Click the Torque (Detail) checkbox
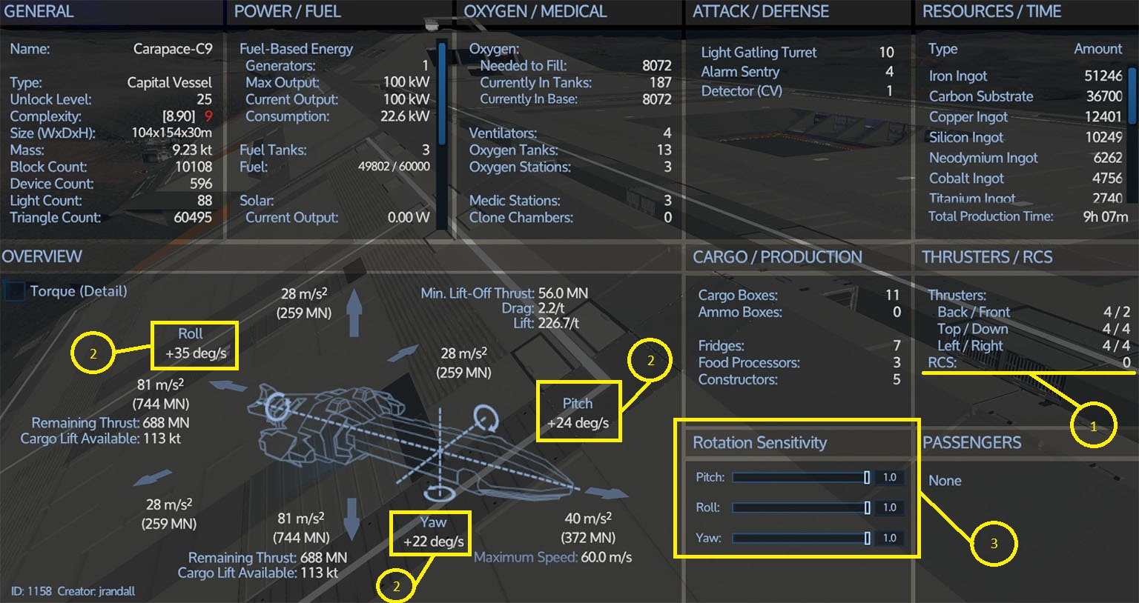pos(14,291)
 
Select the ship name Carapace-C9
pos(173,49)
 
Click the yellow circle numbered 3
pos(994,544)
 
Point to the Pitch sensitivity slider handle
pos(866,478)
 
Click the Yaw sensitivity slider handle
pos(867,538)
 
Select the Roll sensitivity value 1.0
pos(889,507)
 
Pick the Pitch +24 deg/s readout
pos(578,413)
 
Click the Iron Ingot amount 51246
pos(1103,76)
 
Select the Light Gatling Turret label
pos(759,53)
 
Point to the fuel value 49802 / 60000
pos(394,167)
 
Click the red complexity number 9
pos(208,116)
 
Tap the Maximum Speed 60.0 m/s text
pos(552,557)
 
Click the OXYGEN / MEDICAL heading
pos(535,11)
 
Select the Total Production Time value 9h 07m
pos(1106,217)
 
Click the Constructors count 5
pos(897,379)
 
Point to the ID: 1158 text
pos(32,591)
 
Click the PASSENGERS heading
pos(971,442)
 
